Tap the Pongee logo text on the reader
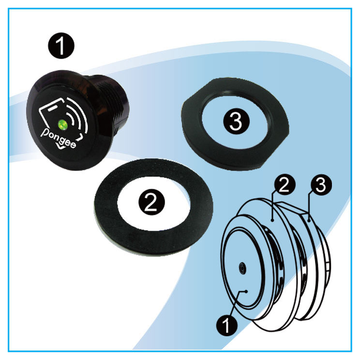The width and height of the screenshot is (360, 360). coord(58,138)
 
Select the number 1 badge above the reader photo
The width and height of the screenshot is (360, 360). coord(61,45)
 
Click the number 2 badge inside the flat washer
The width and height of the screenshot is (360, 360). coord(151,202)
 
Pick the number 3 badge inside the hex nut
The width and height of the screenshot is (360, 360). coord(236,121)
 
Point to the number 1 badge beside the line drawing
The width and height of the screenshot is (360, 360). coord(227,325)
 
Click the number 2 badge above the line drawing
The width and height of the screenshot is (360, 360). coord(285,184)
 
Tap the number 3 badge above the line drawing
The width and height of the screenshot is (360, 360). coord(321,184)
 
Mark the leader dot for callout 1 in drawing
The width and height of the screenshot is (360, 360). coord(246,291)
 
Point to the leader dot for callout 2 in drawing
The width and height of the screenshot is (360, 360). coord(272,220)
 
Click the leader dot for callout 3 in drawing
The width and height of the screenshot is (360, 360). coord(309,221)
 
